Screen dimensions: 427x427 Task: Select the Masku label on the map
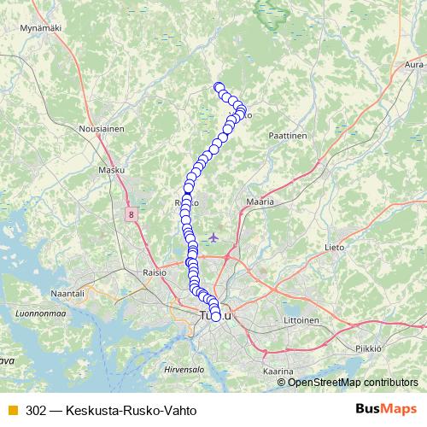(112, 170)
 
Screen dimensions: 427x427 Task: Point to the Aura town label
(414, 64)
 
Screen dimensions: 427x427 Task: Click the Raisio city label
(153, 272)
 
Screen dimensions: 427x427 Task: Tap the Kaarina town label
(278, 371)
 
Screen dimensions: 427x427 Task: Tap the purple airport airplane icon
(213, 236)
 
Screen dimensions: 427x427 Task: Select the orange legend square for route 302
(12, 410)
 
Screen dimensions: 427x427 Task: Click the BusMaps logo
(385, 409)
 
